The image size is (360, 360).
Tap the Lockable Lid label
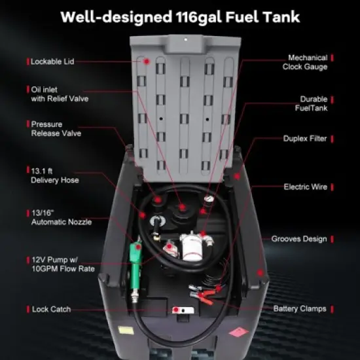click(52, 62)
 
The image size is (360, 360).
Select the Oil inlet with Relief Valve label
click(59, 94)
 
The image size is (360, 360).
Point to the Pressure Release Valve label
click(58, 128)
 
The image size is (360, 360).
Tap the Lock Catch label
click(51, 309)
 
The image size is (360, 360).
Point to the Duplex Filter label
click(304, 139)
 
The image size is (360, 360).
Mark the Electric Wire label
click(305, 187)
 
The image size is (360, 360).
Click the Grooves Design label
click(299, 239)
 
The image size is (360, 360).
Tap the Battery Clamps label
click(299, 308)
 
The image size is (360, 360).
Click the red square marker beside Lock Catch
click(27, 309)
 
